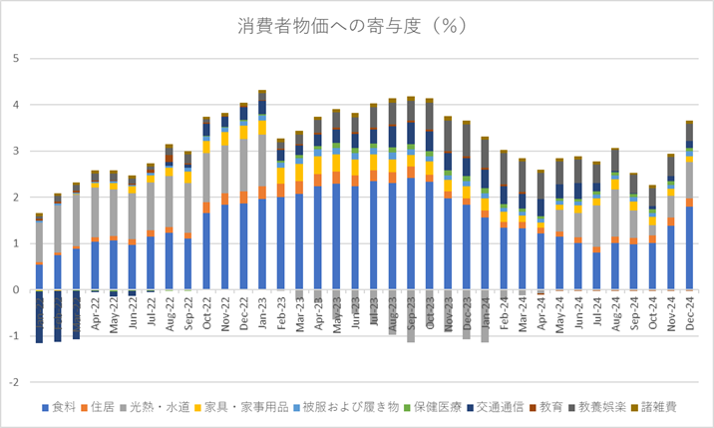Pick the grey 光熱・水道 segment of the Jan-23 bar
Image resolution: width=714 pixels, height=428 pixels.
[x=262, y=161]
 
